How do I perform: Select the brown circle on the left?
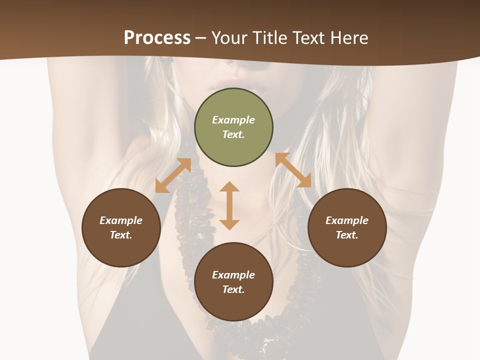pos(121,227)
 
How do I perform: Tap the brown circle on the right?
pos(347,227)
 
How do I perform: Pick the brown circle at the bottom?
pos(233,281)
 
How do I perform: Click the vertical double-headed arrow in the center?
pos(229,205)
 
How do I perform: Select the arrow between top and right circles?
pos(293,170)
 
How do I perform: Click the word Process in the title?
pos(157,37)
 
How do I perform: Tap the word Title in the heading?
pos(270,37)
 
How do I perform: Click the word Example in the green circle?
pos(233,120)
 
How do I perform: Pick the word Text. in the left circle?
pos(121,235)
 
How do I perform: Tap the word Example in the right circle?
pos(347,220)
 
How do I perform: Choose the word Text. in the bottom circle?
pos(233,289)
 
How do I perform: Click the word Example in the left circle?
pos(121,220)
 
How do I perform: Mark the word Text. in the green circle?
pos(233,134)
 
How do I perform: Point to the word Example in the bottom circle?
pos(233,275)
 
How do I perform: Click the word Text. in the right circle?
pos(347,235)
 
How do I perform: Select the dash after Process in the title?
pos(201,38)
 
